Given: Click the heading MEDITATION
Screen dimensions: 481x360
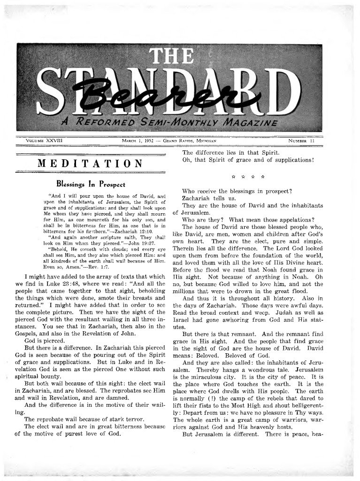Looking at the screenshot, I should click(90, 163).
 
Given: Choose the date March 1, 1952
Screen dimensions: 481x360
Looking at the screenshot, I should click(136, 140).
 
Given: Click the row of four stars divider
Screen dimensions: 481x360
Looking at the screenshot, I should click(249, 178).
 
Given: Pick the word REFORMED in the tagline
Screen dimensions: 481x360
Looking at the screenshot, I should click(101, 124).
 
